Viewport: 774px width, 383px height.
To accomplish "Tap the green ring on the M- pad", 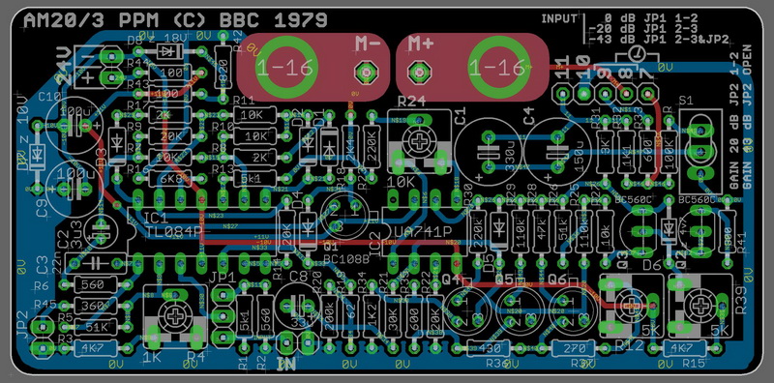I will (x=283, y=67).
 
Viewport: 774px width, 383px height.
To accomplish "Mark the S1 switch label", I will (x=686, y=101).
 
